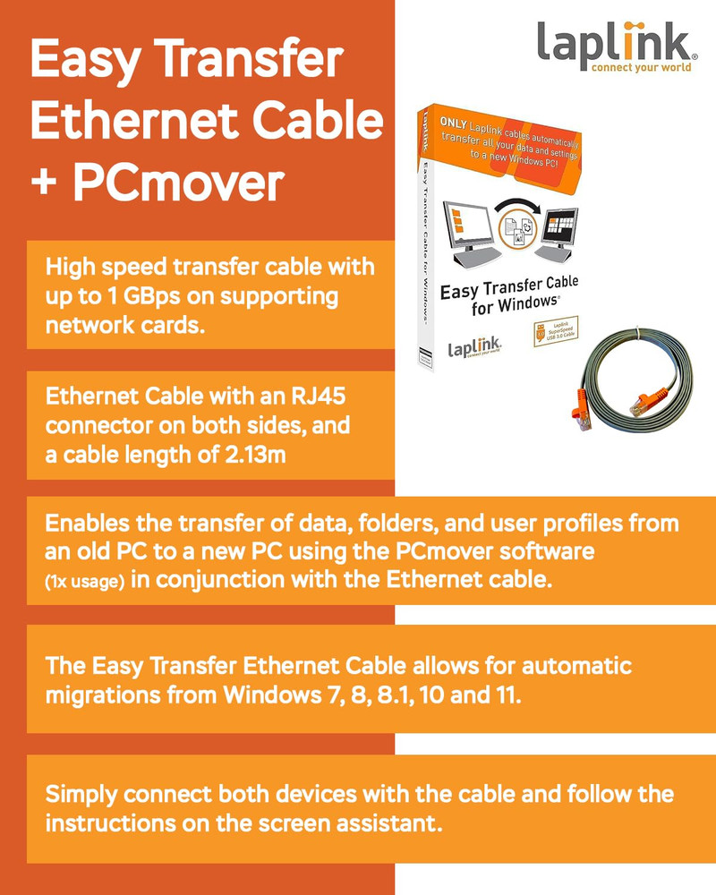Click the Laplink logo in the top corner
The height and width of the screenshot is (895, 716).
(x=617, y=47)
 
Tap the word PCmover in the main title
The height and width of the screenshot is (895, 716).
(x=179, y=182)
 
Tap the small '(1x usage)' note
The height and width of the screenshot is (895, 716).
(x=84, y=582)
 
